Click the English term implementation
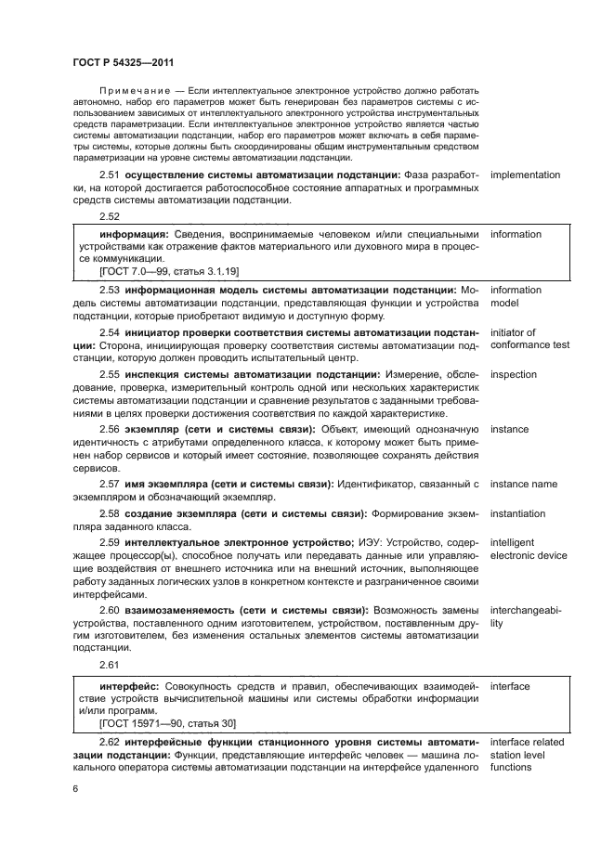tap(525, 175)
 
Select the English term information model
tap(516, 297)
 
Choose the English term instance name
tap(524, 484)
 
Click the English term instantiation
tap(519, 512)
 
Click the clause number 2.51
tap(111, 175)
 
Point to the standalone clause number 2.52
tap(111, 215)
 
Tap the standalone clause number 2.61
tap(111, 666)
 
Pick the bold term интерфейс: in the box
tap(131, 687)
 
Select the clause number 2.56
tap(111, 429)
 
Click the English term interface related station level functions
tap(527, 755)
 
